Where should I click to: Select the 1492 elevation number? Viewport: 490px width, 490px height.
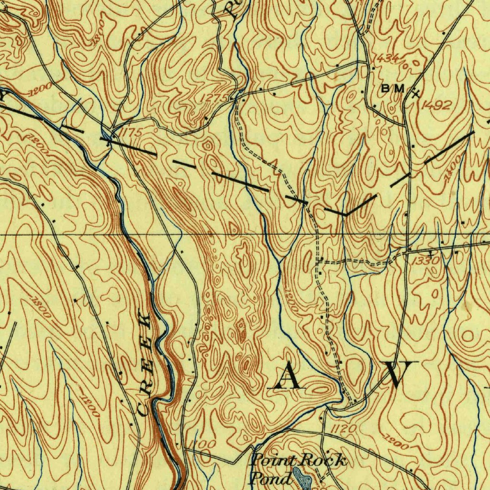436,105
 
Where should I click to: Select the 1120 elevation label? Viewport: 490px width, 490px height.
343,428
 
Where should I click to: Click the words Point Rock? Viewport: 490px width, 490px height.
299,461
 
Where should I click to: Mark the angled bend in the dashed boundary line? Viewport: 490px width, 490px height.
346,214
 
